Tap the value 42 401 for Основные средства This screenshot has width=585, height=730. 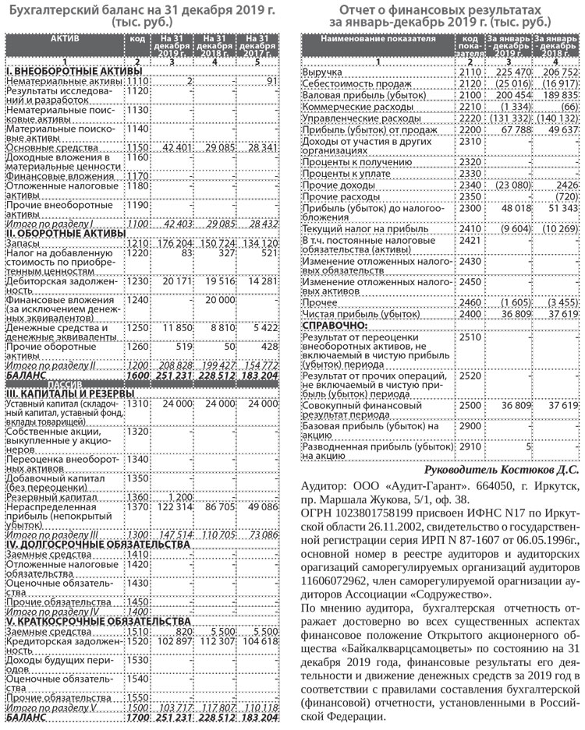(178, 147)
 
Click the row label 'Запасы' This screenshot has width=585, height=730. (24, 244)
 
